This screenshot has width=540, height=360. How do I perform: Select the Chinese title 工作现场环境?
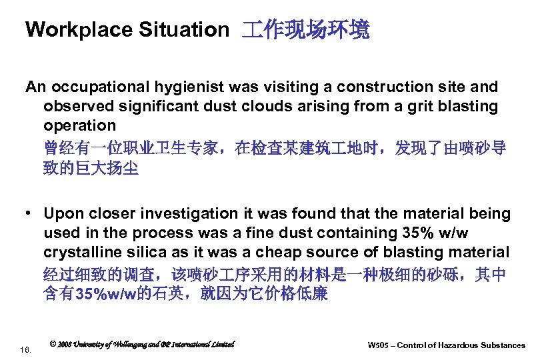[x=306, y=30]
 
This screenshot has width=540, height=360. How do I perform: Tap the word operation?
[x=80, y=126]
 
